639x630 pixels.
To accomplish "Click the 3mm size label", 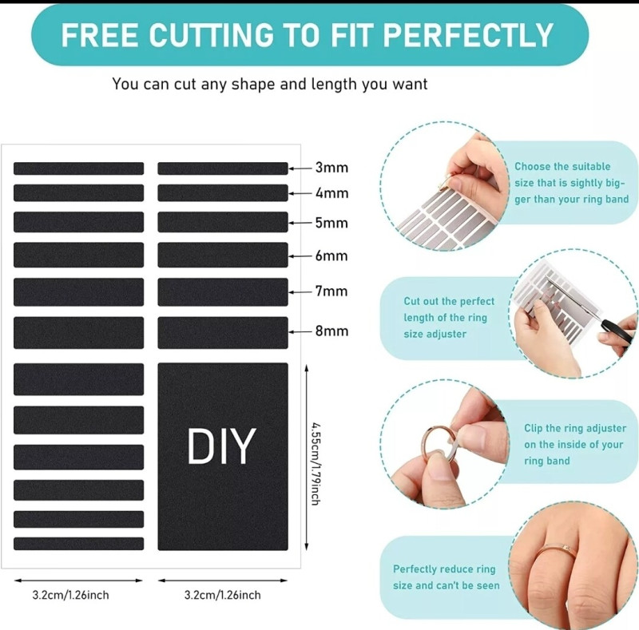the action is tap(331, 168).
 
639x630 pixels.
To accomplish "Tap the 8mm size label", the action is tap(331, 331).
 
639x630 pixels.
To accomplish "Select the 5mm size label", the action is tap(331, 223).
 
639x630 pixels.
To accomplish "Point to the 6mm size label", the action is tap(331, 256).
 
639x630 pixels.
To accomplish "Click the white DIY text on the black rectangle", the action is tap(222, 446).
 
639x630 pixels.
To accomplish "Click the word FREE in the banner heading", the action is tap(99, 35).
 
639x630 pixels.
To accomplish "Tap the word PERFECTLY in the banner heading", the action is tap(468, 35).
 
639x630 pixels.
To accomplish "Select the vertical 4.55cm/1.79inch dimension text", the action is tap(315, 464).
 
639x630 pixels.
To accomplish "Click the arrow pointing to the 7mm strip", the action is tap(300, 292).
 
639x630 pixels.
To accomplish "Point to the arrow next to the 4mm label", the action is tap(300, 193).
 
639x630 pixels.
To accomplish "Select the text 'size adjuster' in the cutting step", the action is tap(435, 334).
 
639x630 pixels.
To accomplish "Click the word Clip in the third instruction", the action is tap(533, 428).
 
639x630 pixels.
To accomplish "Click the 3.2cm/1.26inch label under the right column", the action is tap(223, 595).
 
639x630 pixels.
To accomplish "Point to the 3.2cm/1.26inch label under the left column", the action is tap(70, 595).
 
